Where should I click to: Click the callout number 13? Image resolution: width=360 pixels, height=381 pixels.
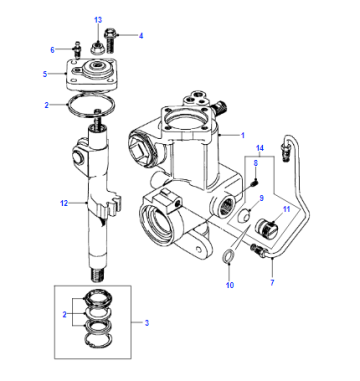pos(98,20)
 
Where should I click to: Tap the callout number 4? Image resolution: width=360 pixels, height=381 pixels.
pos(141,36)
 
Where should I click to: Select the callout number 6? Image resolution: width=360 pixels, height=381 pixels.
pos(52,50)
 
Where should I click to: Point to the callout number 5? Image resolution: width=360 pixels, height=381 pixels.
pos(45,74)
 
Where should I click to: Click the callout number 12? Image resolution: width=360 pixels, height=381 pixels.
pos(64,203)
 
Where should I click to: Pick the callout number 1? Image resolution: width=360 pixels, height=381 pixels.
pos(243,135)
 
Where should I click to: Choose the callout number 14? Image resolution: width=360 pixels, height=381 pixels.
pos(260,148)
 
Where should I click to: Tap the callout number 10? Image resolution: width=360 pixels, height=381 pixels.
pos(230,285)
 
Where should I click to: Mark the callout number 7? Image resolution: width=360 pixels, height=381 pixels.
pos(272,283)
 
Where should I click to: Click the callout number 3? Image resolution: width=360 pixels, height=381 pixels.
pos(147,323)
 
